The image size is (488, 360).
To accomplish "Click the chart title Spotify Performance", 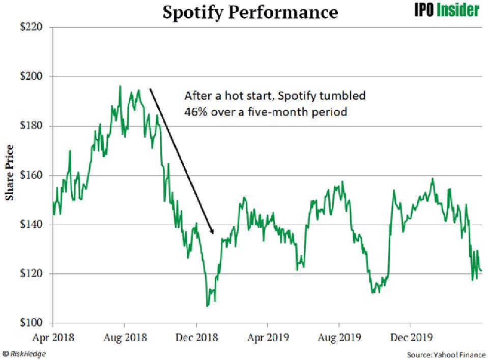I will click(x=250, y=12).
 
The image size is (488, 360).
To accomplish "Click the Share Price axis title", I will click(x=10, y=172).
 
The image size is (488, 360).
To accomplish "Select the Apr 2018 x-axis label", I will click(x=53, y=337).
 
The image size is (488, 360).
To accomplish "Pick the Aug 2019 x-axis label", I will click(x=339, y=337).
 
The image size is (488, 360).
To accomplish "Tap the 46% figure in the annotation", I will click(x=193, y=111).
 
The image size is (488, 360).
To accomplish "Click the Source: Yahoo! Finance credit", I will click(x=446, y=353).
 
